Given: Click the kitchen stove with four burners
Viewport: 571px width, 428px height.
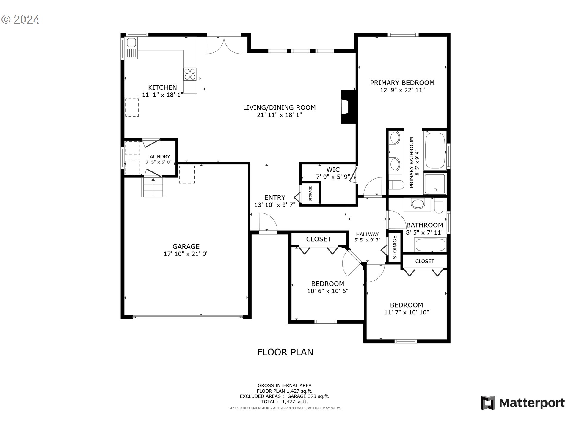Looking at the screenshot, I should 190,74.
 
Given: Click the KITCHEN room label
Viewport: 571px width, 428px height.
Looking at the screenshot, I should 162,87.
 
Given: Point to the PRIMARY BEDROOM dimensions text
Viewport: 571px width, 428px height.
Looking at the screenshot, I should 402,90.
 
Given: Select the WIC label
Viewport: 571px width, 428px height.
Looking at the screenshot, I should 333,170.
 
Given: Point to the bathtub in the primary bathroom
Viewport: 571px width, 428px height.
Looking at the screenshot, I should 435,151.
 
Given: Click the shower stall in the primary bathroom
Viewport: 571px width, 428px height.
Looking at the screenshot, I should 435,184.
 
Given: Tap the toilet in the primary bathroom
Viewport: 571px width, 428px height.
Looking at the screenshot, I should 396,185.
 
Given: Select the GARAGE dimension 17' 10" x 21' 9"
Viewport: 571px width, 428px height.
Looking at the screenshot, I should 186,254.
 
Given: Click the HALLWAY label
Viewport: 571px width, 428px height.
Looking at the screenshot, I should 367,234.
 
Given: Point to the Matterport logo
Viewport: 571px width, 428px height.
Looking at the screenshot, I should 523,403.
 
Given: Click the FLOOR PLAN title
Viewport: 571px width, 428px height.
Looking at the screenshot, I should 285,352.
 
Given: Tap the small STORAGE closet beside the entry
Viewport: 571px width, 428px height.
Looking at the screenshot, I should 310,194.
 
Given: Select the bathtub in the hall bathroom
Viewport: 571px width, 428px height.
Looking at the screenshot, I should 430,245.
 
